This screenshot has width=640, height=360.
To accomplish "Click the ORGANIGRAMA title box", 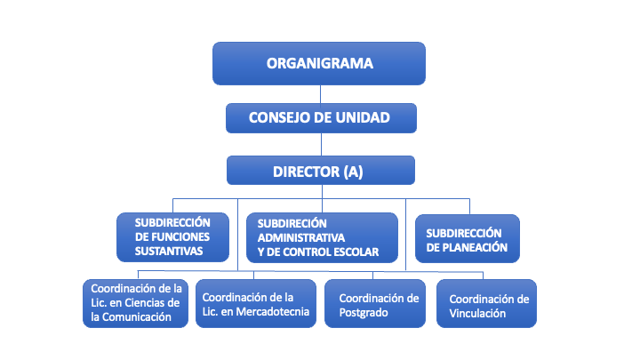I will tap(319, 63).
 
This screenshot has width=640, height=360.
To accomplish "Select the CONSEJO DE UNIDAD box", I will tap(319, 116).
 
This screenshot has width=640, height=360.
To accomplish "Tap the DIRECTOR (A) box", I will tap(320, 170).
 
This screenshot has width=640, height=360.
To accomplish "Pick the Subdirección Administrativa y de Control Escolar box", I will tap(321, 237).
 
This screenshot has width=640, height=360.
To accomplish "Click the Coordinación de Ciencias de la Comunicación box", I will tap(136, 303).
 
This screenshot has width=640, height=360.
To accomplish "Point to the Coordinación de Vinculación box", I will tap(486, 305).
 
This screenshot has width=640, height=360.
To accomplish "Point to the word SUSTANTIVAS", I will tap(169, 252).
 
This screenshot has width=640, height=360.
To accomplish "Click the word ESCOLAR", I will tap(355, 252).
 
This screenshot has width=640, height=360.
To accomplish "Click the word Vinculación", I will tap(477, 313).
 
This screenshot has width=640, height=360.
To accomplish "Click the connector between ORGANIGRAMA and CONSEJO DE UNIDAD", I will tap(319, 93).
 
